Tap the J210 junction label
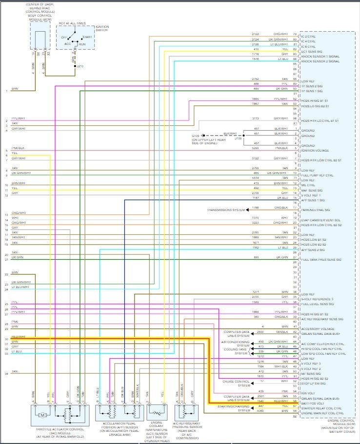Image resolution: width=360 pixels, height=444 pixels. coord(80,66)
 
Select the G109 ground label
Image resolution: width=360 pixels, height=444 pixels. coord(196,136)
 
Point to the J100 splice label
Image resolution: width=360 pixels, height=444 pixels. coord(239,138)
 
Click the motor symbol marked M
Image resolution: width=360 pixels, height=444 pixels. coord(42,415)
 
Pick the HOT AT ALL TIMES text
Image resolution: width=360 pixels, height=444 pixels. coord(72,23)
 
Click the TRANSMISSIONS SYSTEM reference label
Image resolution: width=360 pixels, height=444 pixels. coord(225,210)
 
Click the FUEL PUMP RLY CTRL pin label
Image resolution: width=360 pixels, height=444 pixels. coord(317,175)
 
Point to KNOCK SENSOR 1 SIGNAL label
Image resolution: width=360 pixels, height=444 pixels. coord(320,57)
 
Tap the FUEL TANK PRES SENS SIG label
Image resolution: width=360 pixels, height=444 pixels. coord(321,260)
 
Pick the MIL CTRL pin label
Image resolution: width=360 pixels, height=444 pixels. coord(309,185)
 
